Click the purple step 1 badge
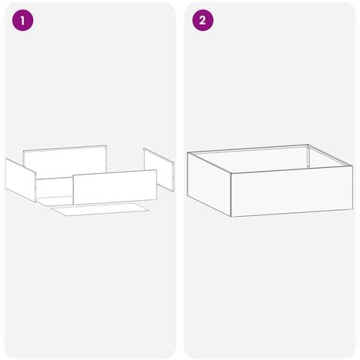click(22, 20)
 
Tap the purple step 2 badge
click(202, 20)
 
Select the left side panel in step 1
click(21, 180)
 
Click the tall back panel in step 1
click(65, 159)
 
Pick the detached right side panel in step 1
click(158, 169)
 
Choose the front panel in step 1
click(115, 187)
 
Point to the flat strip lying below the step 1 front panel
click(100, 209)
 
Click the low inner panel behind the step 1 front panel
click(55, 187)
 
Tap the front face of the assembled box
click(292, 191)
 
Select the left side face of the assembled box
click(209, 184)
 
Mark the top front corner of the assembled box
click(231, 172)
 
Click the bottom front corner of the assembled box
click(231, 217)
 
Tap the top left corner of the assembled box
click(187, 152)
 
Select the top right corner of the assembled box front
click(352, 166)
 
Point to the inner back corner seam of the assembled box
click(309, 157)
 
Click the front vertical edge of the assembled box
click(231, 194)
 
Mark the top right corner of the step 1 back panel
click(106, 145)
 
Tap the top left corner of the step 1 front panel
click(73, 175)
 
